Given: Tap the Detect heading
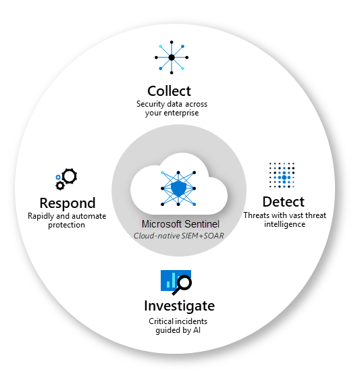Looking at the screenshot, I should point(283,201).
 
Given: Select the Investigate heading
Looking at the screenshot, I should point(179,306).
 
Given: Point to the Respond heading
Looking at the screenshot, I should point(67,203).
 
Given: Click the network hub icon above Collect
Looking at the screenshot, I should point(172,57).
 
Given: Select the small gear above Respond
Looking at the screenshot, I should point(60,185).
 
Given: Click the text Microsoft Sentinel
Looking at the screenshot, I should point(179,223).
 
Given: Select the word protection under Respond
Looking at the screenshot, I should point(66,224).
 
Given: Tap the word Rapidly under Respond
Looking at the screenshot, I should point(43,216).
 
